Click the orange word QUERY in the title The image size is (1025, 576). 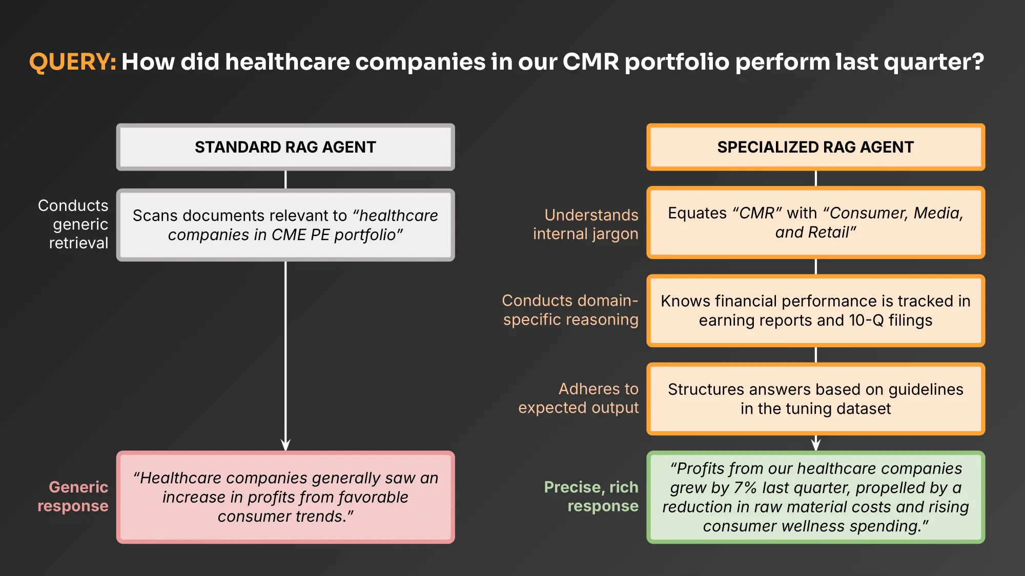[x=72, y=62]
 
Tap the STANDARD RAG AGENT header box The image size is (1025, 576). [x=285, y=147]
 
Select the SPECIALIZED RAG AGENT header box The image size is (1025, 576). [x=815, y=147]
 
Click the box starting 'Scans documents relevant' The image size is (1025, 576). [x=285, y=225]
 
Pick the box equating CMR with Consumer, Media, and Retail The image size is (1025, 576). [x=815, y=222]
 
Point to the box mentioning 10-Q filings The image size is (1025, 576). [x=815, y=310]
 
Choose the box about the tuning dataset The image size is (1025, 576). [x=815, y=399]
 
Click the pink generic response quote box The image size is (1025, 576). [x=285, y=497]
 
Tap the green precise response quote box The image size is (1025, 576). [x=815, y=497]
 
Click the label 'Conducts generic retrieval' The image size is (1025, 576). [x=74, y=224]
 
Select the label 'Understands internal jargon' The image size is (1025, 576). [x=586, y=224]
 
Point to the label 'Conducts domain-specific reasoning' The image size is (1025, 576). [x=570, y=310]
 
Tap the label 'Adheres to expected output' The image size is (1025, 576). [x=579, y=398]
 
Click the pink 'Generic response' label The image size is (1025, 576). [x=73, y=496]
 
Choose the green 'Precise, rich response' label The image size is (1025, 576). [x=591, y=496]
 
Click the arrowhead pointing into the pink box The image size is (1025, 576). [x=285, y=444]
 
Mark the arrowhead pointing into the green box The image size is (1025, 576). [x=815, y=444]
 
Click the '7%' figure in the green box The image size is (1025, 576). [x=745, y=487]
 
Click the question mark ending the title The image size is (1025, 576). [x=977, y=62]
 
